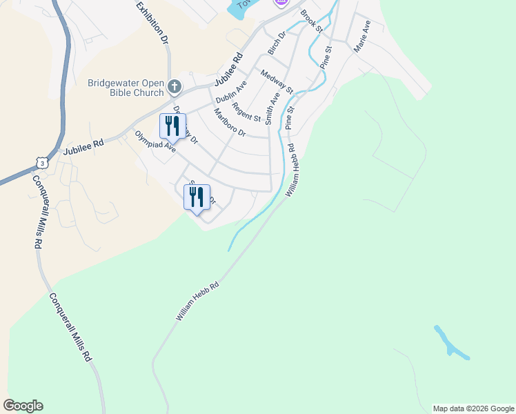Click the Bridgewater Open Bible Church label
126,88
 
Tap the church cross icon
175,87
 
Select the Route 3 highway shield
43,162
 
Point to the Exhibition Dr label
152,23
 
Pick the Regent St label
246,112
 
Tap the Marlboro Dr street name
230,121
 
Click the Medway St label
277,81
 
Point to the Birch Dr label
277,43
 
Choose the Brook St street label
311,21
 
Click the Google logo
23,406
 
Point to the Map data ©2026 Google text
473,408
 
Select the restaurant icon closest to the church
172,126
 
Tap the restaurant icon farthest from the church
197,197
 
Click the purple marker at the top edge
279,3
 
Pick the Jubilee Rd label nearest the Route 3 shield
83,147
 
